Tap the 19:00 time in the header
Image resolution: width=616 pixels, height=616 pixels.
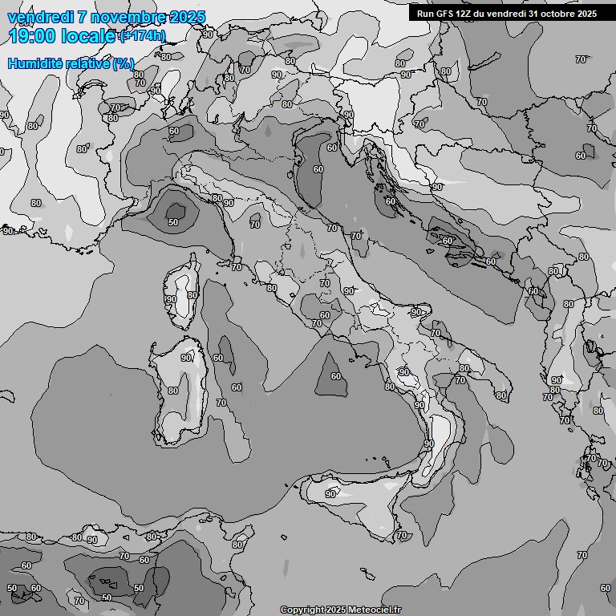[x=34, y=35]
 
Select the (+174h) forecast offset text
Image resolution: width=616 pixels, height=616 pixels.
[x=143, y=35]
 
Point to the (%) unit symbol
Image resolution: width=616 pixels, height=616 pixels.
[x=123, y=63]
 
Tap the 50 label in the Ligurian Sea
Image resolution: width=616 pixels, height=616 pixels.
[x=173, y=222]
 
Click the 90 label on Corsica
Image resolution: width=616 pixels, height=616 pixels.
[x=171, y=299]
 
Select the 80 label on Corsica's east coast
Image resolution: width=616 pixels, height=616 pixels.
[x=192, y=295]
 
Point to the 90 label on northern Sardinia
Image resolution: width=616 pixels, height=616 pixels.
[x=186, y=358]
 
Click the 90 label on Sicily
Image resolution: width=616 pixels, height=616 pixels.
[x=330, y=494]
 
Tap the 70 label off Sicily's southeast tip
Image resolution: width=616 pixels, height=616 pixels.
[x=401, y=535]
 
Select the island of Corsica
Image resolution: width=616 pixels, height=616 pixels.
[x=181, y=293]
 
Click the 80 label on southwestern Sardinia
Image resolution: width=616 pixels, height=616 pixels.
[x=173, y=391]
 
